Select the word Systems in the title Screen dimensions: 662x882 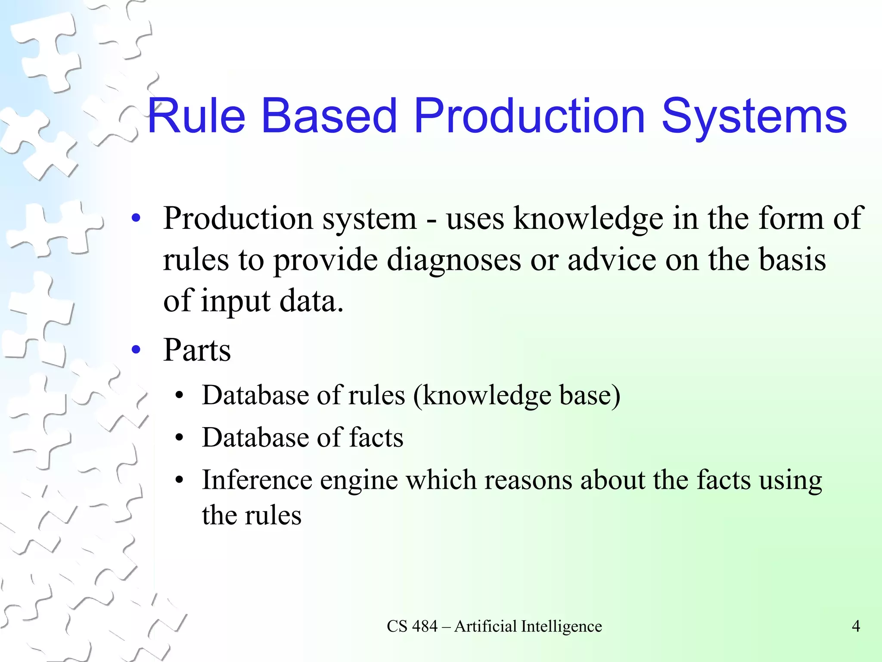tap(754, 116)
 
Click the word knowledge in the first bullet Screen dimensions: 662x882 tap(588, 219)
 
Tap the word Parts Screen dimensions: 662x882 tap(197, 350)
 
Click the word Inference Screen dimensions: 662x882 tap(257, 480)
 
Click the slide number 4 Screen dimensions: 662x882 tap(856, 626)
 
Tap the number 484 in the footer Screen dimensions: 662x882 tap(425, 626)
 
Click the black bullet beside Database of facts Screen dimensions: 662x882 tap(180, 438)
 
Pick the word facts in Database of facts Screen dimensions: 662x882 tap(376, 437)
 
